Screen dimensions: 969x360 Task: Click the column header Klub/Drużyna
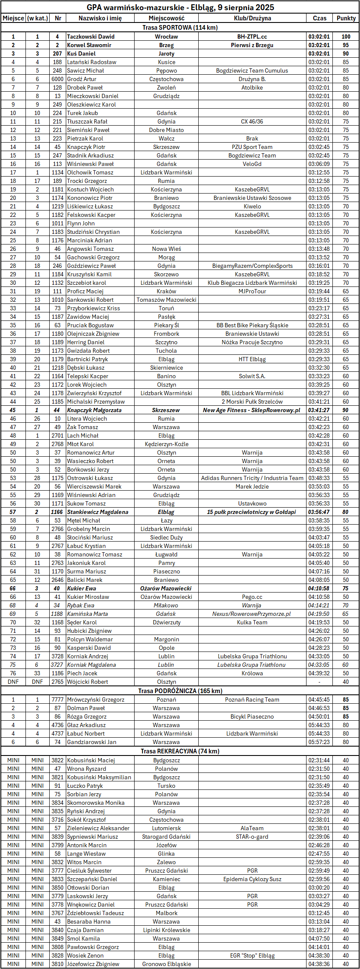pos(252,18)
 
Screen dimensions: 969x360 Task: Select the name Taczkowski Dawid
pos(91,37)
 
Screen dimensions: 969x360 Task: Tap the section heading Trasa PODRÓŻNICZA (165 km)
pos(180,691)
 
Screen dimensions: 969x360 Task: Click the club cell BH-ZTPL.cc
pos(252,37)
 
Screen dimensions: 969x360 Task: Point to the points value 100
pos(346,37)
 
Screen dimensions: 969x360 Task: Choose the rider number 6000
pos(58,79)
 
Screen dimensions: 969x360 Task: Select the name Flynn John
pos(81,223)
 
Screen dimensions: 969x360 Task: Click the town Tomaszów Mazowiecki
pos(166,300)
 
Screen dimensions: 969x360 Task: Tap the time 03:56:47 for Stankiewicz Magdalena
pos(319,512)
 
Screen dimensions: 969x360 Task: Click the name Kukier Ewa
pos(82,588)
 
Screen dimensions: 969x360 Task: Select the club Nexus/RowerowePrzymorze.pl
pos(252,614)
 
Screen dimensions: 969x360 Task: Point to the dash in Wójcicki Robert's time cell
pos(319,682)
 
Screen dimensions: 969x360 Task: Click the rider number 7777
pos(58,699)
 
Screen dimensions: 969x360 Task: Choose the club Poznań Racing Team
pos(252,699)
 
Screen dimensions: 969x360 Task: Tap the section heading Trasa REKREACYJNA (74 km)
pos(180,751)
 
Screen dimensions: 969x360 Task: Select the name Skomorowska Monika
pos(96,803)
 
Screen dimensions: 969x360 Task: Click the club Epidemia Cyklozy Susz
pos(252,879)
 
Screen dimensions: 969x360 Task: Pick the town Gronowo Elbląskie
pos(166,964)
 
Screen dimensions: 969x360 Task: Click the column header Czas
pos(320,18)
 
